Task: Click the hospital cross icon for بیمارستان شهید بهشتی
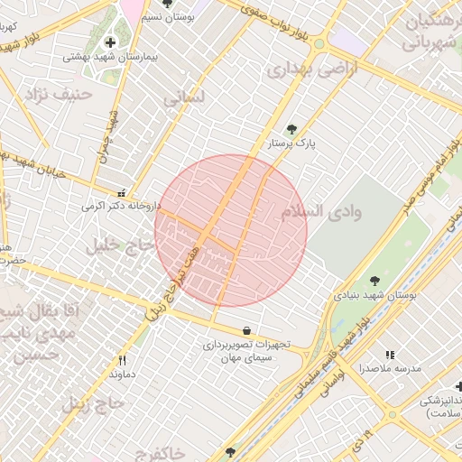pos(110,42)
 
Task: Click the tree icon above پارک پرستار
pos(291,129)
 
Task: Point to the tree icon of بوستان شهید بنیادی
pos(374,281)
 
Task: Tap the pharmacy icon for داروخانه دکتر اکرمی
pos(123,192)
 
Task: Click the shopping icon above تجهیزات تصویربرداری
pos(246,330)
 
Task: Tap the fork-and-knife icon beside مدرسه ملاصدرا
pos(390,356)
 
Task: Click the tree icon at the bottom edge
pos(230,452)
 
